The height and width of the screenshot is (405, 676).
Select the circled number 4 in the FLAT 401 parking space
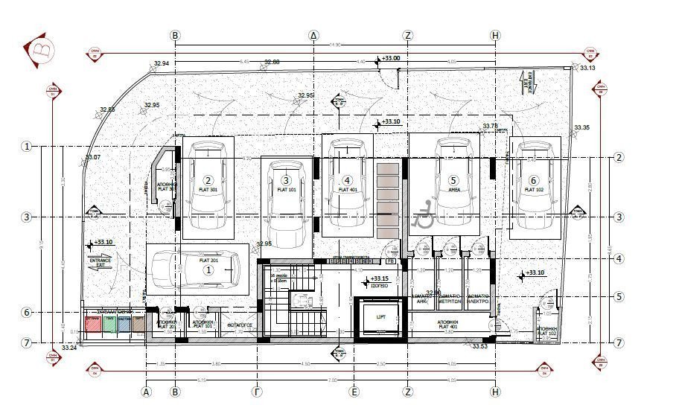pos(347,180)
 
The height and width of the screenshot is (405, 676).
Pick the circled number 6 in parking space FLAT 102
pos(533,180)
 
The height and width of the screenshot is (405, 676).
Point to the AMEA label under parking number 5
pos(452,190)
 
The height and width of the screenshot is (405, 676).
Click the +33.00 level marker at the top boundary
pos(390,58)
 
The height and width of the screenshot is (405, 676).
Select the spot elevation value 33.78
pos(490,126)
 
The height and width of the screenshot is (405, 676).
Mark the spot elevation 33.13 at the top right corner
pos(587,68)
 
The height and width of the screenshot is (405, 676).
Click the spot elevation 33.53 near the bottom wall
pos(479,345)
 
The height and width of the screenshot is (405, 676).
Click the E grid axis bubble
pos(355,391)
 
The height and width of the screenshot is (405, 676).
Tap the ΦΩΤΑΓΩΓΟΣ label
pos(236,325)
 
